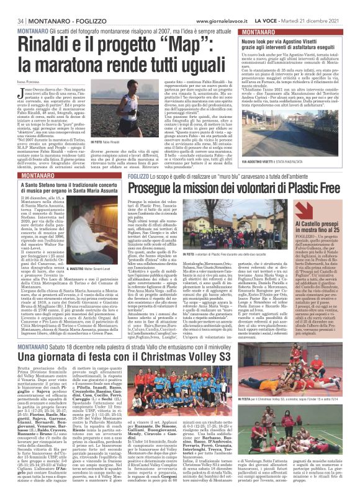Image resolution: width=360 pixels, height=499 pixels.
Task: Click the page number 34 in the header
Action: coord(11,5)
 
